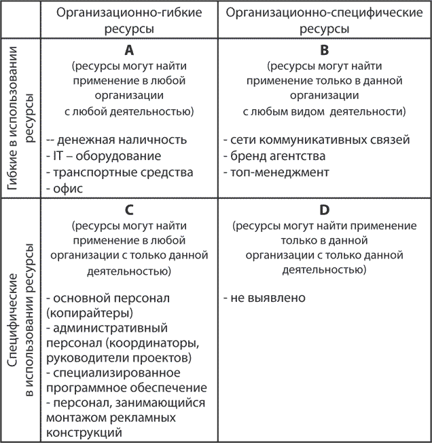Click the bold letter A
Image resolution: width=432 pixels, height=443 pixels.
point(128,52)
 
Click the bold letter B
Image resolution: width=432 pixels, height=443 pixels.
point(324,52)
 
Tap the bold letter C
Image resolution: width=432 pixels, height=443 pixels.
point(128,210)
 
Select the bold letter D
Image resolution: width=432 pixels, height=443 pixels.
point(324,210)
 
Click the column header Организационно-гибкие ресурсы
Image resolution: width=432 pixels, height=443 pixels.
point(128,21)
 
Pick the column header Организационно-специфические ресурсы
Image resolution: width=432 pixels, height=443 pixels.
point(324,21)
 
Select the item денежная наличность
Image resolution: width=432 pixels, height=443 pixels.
point(115,140)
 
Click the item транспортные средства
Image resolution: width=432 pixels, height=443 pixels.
point(119,173)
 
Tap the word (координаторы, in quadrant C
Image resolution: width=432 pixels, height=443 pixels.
point(161,343)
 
